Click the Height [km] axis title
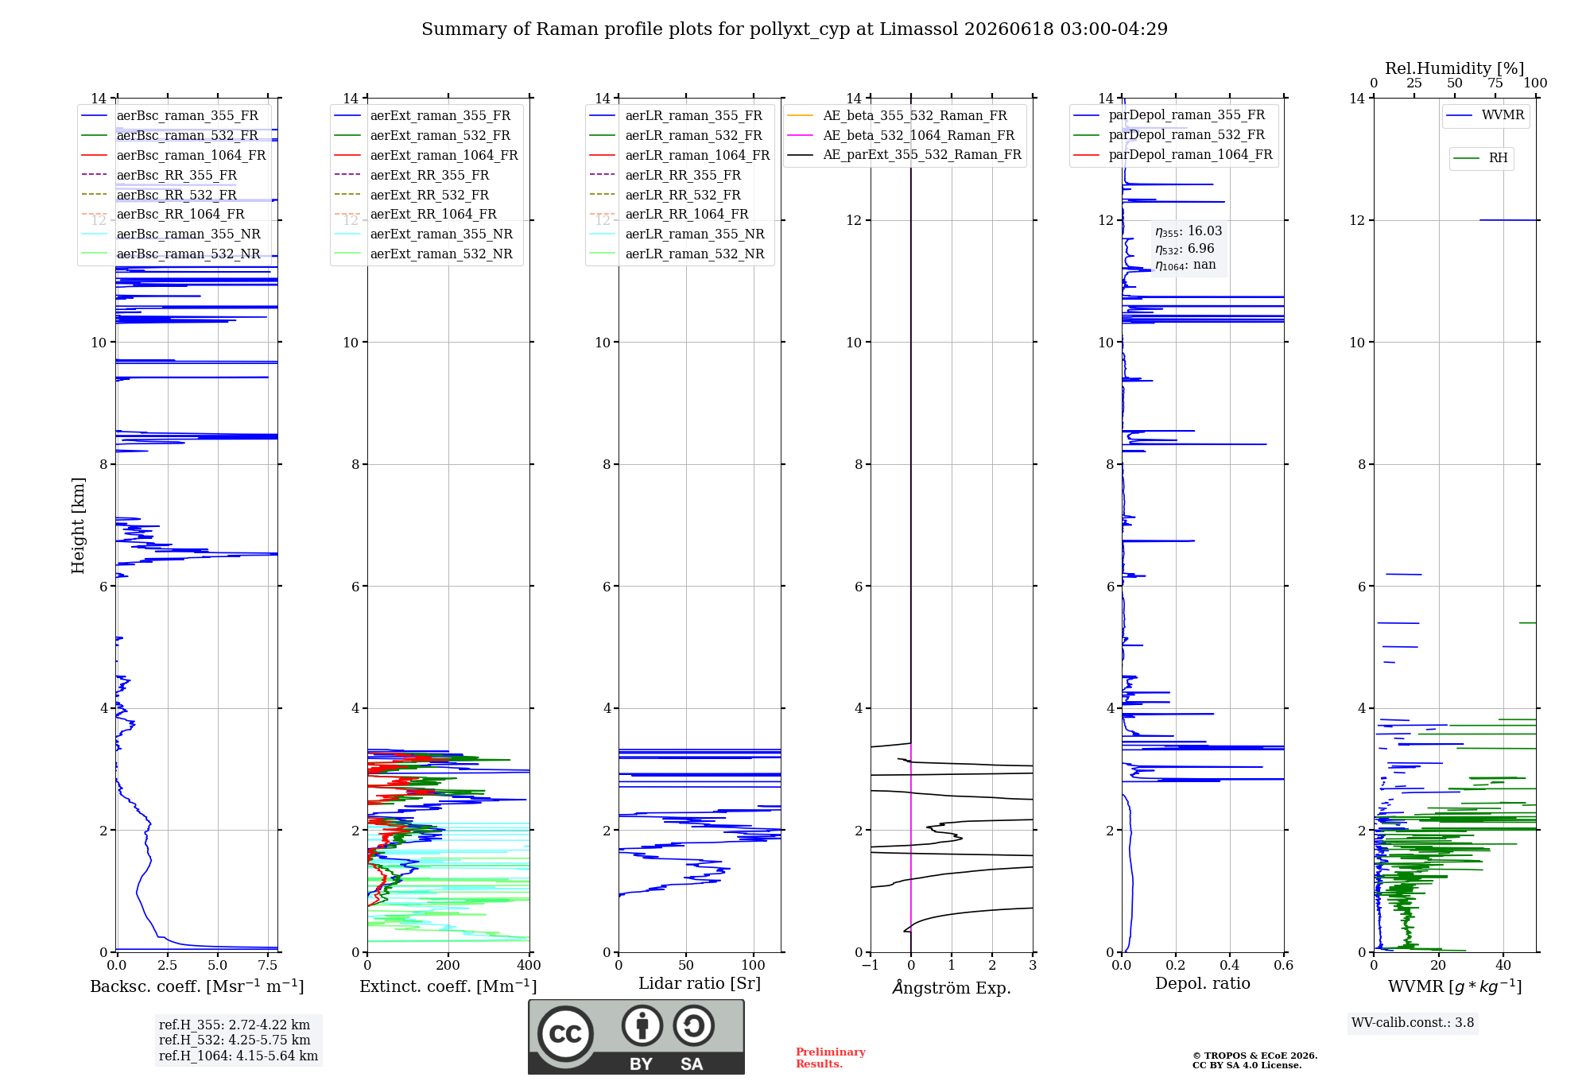(78, 525)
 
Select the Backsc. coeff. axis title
(197, 986)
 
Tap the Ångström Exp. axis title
(952, 987)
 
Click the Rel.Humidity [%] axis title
(1455, 68)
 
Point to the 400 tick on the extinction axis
(529, 965)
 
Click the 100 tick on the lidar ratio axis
(754, 965)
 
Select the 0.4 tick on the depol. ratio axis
(1230, 965)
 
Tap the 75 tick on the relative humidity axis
(1495, 83)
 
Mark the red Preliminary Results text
(831, 1058)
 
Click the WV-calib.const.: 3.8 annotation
(1413, 1023)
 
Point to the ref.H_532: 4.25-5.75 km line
(235, 1040)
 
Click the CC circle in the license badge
(565, 1034)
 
